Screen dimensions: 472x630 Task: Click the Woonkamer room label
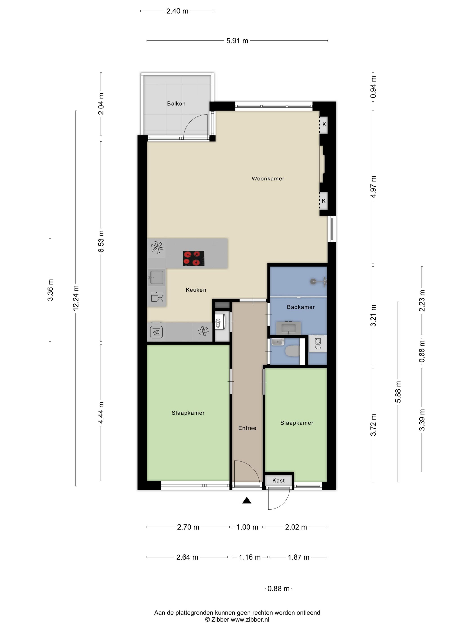[268, 179]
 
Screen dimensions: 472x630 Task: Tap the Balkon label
[176, 104]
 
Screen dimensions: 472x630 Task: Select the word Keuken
[196, 290]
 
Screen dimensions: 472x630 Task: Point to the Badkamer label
[301, 307]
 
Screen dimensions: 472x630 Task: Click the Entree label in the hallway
[247, 428]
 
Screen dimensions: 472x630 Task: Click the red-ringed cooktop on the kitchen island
[194, 258]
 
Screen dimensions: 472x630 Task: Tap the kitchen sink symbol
[156, 277]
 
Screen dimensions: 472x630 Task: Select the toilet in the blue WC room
[292, 351]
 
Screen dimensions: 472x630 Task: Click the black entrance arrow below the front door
[247, 500]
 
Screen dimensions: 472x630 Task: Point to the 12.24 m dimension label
[76, 298]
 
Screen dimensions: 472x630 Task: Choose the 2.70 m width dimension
[188, 527]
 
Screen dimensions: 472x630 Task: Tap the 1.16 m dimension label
[249, 557]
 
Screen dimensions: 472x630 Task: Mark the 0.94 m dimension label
[373, 87]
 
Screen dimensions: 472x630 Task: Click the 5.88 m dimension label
[398, 392]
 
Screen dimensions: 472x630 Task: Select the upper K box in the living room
[323, 124]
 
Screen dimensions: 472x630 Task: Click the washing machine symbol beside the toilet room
[318, 344]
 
